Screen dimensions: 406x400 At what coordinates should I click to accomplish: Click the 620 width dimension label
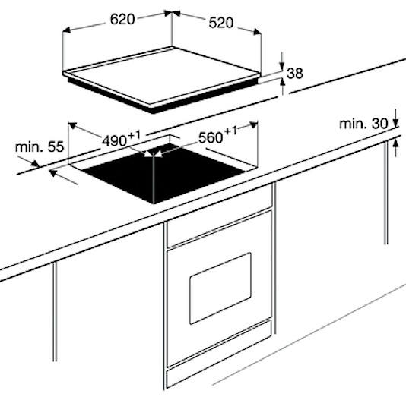(x=122, y=19)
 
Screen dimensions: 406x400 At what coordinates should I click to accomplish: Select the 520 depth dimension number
(x=220, y=23)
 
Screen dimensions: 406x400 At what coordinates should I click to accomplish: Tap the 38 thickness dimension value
(x=295, y=73)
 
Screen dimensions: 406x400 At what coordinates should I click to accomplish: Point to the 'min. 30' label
(x=363, y=124)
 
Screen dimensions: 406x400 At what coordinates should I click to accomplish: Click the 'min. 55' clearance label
(x=40, y=146)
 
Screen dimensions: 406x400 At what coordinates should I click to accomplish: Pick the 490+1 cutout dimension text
(x=122, y=139)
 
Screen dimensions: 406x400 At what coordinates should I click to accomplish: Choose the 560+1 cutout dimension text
(x=217, y=135)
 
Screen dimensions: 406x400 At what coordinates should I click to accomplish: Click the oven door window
(x=220, y=288)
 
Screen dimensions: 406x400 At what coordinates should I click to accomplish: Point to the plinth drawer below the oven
(x=219, y=354)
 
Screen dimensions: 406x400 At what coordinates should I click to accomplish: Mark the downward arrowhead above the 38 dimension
(x=282, y=66)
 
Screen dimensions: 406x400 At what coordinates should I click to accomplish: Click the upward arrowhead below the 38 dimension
(x=283, y=82)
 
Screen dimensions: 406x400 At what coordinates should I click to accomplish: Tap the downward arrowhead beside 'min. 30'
(x=395, y=122)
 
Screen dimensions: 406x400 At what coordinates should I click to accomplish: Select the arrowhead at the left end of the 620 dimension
(x=67, y=30)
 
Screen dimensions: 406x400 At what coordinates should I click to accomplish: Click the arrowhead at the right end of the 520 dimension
(x=257, y=31)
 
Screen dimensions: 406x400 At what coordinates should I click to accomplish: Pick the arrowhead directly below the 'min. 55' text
(x=35, y=164)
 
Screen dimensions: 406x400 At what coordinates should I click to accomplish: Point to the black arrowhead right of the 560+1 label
(x=254, y=125)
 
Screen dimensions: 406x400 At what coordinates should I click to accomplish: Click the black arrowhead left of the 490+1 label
(x=72, y=125)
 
